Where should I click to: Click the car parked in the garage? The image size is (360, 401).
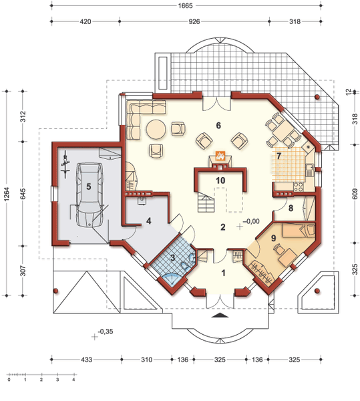[89, 194]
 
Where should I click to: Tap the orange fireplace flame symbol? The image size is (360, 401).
[220, 155]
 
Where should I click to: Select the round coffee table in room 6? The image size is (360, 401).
[156, 130]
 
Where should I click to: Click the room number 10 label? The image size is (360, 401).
[220, 180]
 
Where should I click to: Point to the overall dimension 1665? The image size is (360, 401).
[185, 5]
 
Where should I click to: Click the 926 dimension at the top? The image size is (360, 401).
[194, 21]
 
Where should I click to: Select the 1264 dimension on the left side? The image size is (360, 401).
[7, 194]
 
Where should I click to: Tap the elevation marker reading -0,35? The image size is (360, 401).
[106, 331]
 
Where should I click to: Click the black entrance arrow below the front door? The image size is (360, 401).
[220, 315]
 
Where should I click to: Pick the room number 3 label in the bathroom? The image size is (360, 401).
[173, 257]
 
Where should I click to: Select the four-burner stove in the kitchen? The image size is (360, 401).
[299, 187]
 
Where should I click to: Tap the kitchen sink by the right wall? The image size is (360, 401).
[310, 170]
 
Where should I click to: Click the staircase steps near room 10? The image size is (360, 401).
[206, 203]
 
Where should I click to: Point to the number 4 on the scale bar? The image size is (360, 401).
[73, 380]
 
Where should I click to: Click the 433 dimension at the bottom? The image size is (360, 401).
[86, 360]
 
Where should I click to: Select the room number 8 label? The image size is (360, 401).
[291, 208]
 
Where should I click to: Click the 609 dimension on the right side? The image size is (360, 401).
[355, 194]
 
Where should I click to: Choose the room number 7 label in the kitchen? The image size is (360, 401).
[279, 156]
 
